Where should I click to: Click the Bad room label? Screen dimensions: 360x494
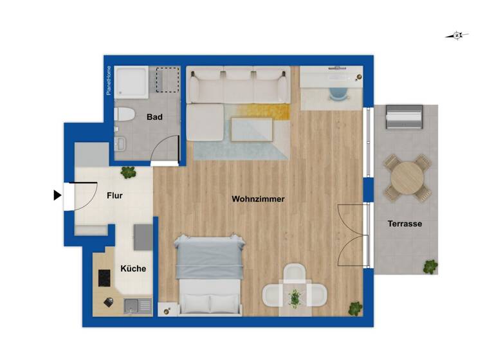click(154, 117)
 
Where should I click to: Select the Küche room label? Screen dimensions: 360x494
click(133, 269)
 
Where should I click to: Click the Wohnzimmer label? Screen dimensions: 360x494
click(258, 199)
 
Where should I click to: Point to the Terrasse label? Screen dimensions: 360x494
click(405, 224)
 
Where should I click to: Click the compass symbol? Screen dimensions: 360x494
click(457, 35)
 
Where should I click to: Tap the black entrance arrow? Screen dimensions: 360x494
click(57, 194)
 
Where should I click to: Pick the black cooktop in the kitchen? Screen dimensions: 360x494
click(105, 278)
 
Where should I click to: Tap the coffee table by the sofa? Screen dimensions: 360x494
click(252, 130)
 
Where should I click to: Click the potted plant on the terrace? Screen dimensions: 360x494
click(430, 265)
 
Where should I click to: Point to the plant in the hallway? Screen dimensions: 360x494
click(129, 172)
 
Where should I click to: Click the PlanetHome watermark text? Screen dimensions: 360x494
click(109, 80)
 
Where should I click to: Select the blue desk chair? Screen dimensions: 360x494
click(338, 93)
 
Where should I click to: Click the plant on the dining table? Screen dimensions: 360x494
click(295, 298)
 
